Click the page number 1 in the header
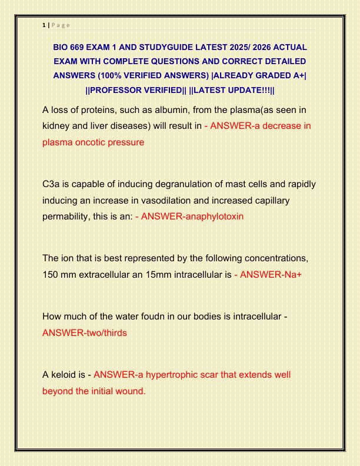pos(45,26)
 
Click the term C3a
pos(52,184)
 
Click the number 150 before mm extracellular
pos(51,274)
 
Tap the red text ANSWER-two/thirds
pos(85,332)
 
